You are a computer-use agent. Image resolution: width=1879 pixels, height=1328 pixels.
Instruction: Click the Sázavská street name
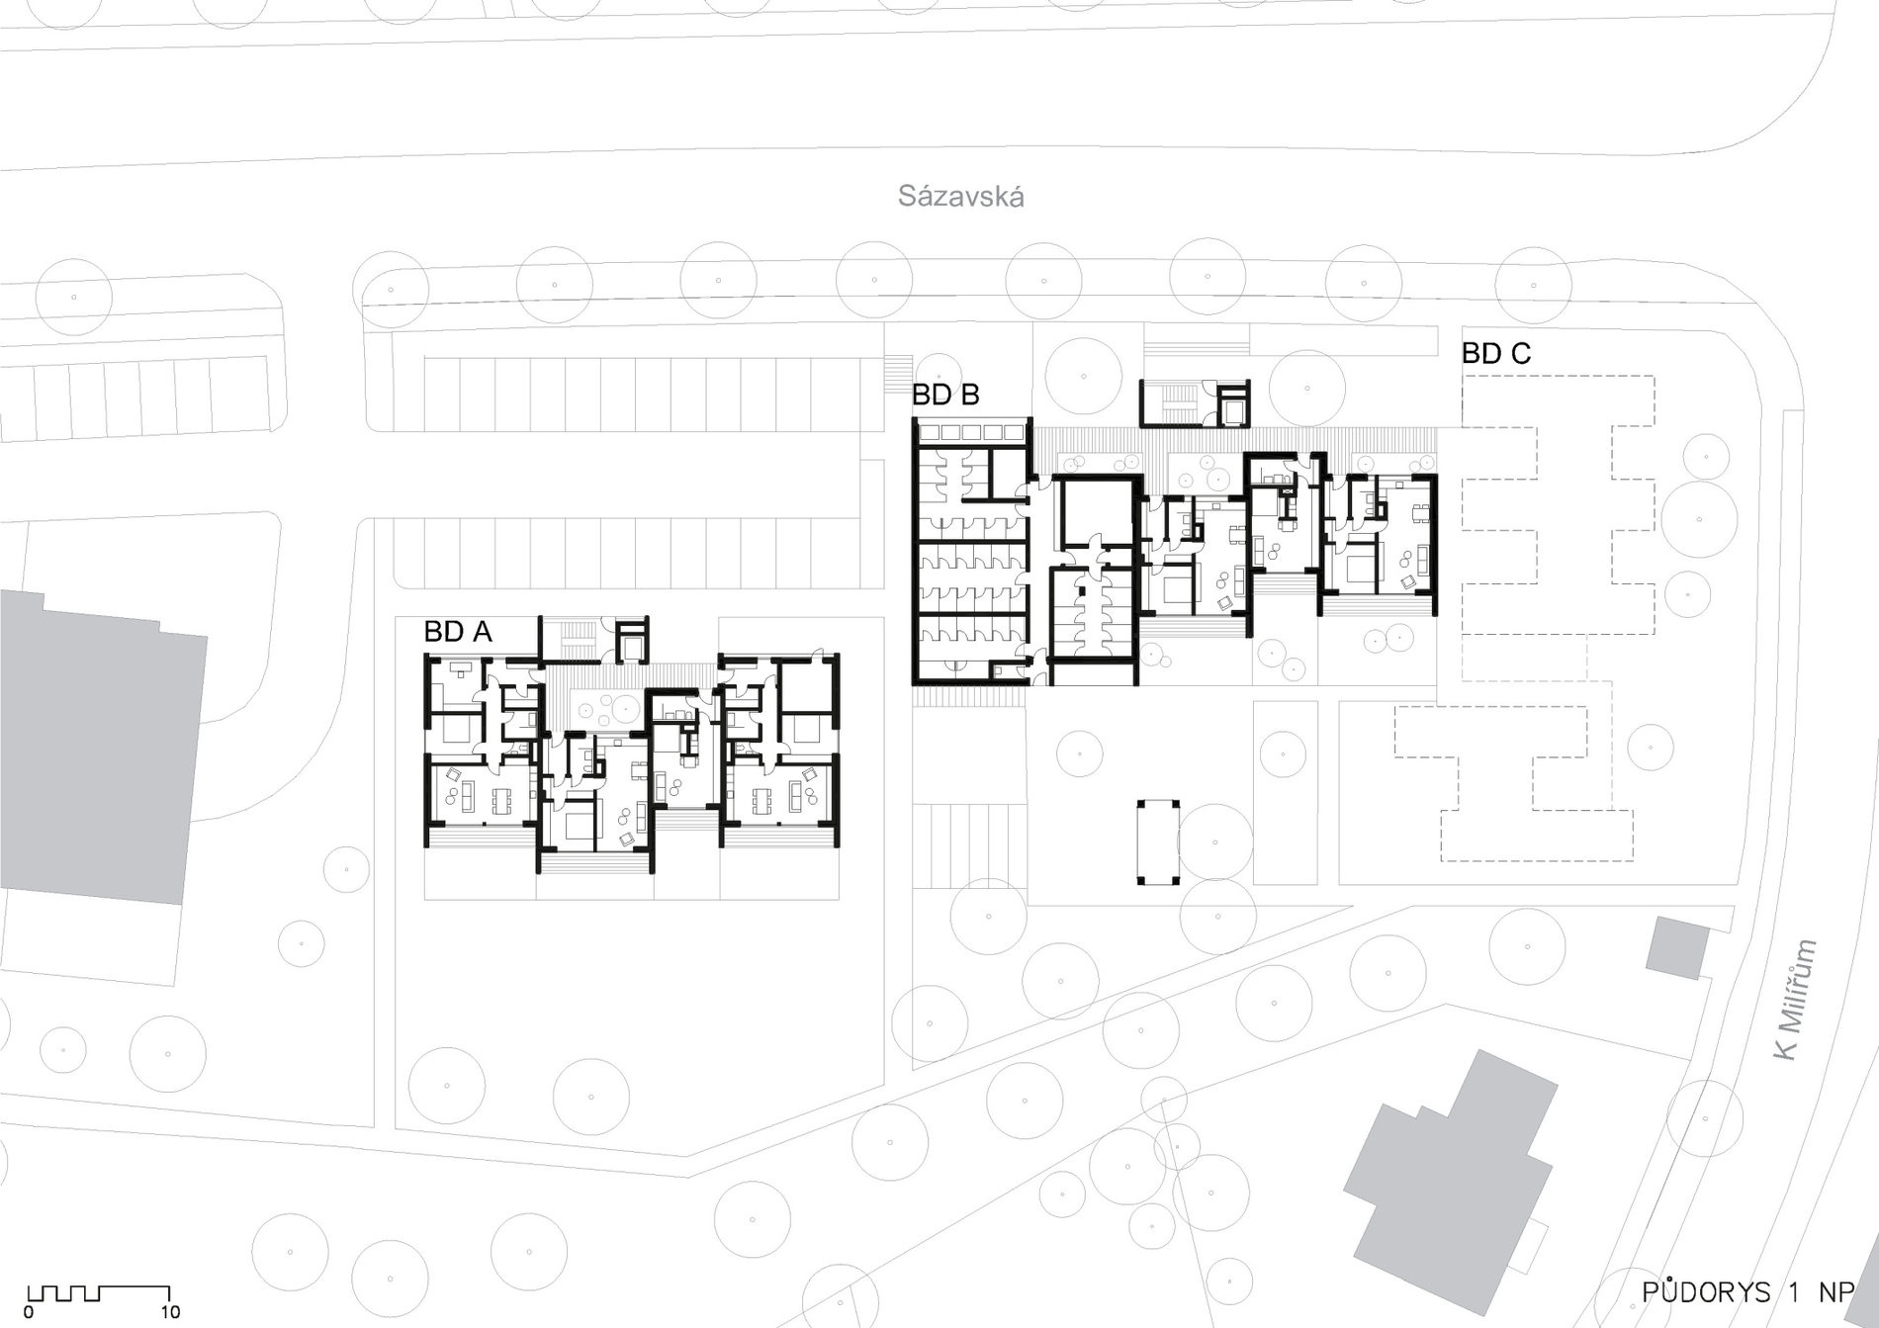click(960, 196)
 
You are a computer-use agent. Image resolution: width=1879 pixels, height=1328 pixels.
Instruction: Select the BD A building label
click(458, 632)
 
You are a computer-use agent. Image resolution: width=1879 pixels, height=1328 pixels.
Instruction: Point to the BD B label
click(945, 395)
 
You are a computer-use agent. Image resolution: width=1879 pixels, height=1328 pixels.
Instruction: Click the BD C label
click(1496, 353)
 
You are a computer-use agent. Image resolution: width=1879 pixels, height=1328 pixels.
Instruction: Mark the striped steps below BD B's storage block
click(969, 696)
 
